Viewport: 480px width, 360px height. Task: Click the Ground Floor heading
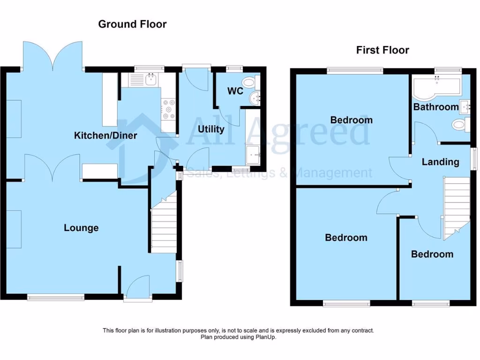[132, 24]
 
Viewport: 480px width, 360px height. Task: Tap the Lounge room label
[81, 228]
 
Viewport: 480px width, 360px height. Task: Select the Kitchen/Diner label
[105, 135]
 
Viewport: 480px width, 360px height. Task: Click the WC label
[235, 91]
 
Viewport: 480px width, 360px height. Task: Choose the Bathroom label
[435, 107]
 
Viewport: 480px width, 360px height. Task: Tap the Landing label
[440, 162]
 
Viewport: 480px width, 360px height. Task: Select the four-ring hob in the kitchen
[168, 109]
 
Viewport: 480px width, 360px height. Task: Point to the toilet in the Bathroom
[459, 125]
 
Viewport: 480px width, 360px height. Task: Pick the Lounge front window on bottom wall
[55, 297]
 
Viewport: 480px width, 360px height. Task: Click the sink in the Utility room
[253, 153]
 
